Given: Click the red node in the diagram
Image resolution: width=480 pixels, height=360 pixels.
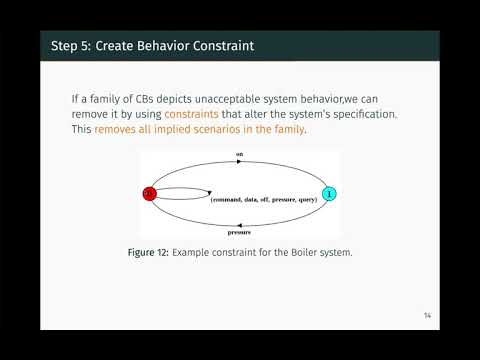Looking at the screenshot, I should click(149, 193).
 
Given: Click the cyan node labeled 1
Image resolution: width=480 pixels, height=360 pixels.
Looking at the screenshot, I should click(329, 193).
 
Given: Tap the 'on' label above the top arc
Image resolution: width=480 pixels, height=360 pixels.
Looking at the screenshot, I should click(239, 154).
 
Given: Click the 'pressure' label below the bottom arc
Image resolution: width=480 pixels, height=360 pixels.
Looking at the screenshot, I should click(239, 231).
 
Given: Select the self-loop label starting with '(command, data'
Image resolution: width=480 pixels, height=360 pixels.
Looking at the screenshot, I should click(263, 199).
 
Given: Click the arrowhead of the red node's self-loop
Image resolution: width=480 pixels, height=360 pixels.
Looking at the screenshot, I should click(207, 193).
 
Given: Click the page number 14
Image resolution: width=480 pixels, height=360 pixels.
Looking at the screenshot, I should click(427, 315).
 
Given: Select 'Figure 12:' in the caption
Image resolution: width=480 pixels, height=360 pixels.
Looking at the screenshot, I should click(148, 253).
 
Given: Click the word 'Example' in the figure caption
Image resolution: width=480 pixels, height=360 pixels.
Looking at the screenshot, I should click(193, 253).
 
